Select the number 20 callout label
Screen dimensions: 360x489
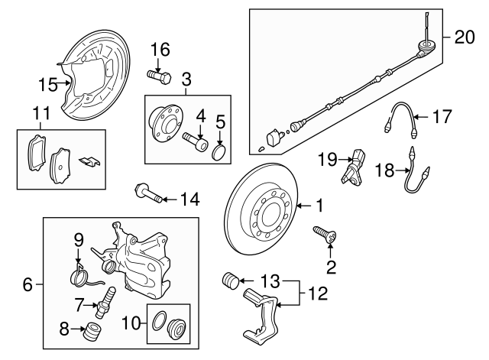tap(463, 37)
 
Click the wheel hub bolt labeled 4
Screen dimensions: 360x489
tap(195, 141)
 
